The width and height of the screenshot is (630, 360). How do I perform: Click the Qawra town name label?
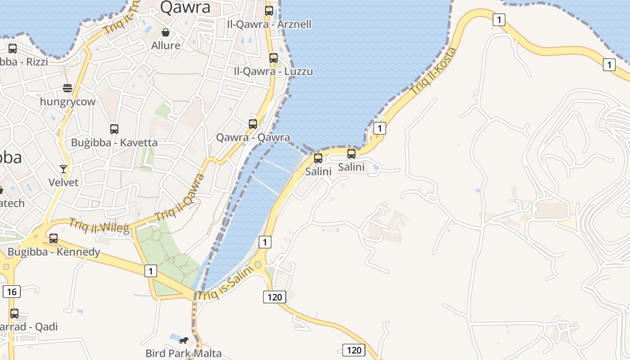[x=185, y=7]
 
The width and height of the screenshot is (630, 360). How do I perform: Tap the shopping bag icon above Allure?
[x=166, y=32]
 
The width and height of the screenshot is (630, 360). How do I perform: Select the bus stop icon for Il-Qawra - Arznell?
[x=269, y=11]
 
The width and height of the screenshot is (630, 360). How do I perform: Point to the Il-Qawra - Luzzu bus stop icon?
[x=273, y=58]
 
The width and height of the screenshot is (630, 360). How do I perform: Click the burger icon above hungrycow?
[x=67, y=88]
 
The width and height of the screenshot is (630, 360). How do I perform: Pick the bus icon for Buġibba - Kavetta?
[x=114, y=129]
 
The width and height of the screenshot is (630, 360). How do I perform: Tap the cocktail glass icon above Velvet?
[x=63, y=169]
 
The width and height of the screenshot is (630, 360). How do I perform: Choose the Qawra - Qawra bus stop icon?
[x=253, y=124]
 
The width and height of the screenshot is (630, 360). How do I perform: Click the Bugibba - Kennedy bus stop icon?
[x=54, y=238]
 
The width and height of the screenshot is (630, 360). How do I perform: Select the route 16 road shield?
[x=12, y=292]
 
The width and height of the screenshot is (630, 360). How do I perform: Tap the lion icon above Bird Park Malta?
[x=183, y=340]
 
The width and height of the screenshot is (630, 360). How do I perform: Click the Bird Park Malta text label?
[x=184, y=353]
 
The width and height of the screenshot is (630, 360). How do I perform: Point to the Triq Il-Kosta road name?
[x=433, y=71]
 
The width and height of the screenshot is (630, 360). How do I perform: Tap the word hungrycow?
[x=67, y=102]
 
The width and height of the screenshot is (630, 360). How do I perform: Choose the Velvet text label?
[x=63, y=182]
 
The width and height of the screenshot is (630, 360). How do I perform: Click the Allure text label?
[x=166, y=45]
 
